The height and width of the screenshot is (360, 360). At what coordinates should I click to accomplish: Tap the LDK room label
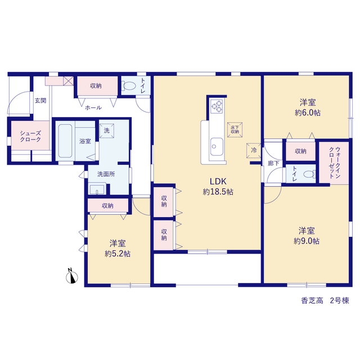click(218, 182)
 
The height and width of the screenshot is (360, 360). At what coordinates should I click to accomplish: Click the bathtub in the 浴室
click(65, 141)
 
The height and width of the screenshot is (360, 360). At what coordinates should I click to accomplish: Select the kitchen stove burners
click(217, 106)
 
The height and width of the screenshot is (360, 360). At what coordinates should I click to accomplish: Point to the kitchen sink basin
click(217, 147)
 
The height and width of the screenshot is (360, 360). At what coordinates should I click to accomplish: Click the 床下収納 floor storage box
click(235, 130)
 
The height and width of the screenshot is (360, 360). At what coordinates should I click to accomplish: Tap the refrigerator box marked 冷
click(254, 151)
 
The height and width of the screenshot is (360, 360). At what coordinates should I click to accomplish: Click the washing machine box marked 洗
click(106, 130)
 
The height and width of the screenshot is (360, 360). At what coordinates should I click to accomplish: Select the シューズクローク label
click(30, 136)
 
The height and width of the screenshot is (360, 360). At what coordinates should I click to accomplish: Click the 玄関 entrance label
click(40, 101)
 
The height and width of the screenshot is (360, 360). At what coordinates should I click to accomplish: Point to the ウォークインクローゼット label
click(335, 163)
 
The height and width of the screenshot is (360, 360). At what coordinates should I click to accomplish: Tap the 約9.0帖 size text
click(307, 241)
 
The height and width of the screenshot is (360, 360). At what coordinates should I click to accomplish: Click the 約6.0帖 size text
click(308, 113)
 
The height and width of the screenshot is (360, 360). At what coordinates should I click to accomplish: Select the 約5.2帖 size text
click(118, 254)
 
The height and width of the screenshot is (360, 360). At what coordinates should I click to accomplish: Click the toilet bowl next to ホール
click(129, 86)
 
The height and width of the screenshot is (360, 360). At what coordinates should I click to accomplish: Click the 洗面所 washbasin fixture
click(97, 189)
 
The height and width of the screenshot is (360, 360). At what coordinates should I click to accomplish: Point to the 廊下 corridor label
click(273, 163)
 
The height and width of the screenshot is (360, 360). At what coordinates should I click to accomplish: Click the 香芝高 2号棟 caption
click(325, 300)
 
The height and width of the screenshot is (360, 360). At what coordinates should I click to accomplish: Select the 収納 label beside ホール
click(96, 86)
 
